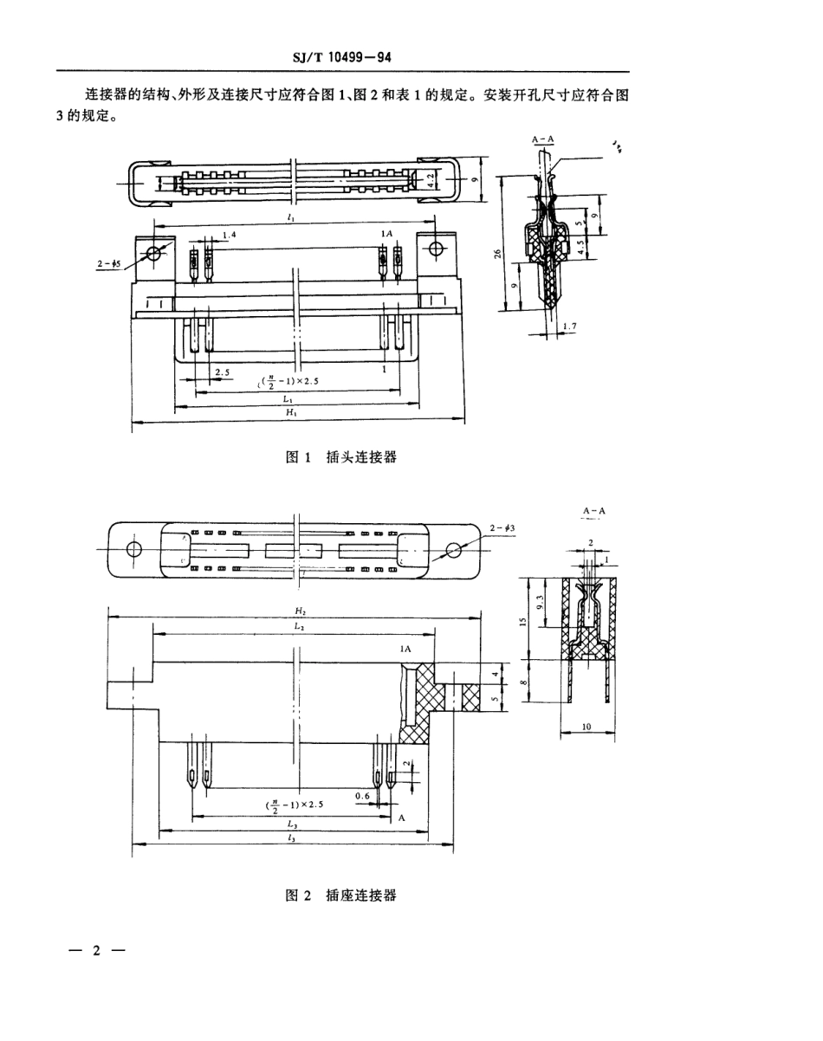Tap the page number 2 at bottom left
[97, 950]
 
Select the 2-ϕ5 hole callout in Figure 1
[110, 265]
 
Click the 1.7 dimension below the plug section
[569, 326]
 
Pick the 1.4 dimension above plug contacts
[229, 236]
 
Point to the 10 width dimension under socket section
[586, 728]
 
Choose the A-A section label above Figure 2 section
[594, 511]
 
